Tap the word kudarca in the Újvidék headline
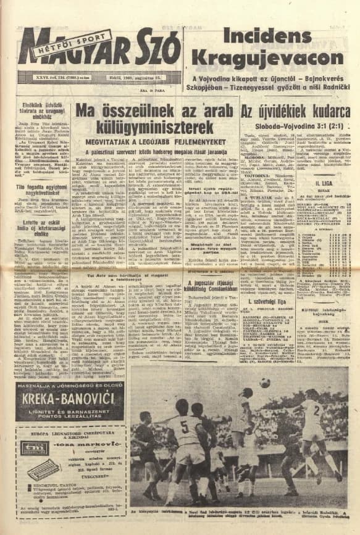tap(327, 110)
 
